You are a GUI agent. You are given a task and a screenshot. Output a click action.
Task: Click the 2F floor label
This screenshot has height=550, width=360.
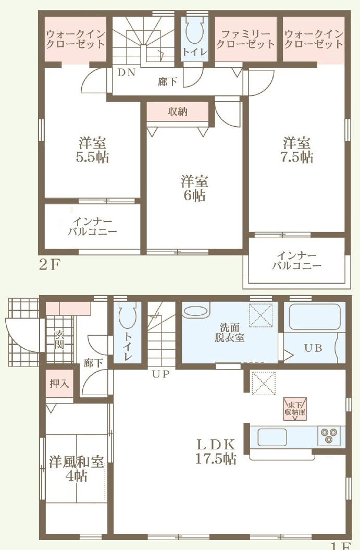(x=49, y=265)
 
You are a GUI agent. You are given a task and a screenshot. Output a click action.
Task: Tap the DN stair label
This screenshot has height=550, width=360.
(x=126, y=72)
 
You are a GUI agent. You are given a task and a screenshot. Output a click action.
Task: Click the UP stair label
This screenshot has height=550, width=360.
(x=161, y=374)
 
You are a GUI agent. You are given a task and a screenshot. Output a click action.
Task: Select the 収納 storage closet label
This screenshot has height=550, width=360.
(x=178, y=112)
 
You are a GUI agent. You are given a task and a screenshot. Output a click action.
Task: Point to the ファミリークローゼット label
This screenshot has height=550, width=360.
(x=246, y=39)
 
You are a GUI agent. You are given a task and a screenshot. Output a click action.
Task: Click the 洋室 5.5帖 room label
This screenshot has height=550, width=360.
(x=93, y=150)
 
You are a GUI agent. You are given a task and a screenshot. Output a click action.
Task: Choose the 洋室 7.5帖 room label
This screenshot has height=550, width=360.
(x=297, y=150)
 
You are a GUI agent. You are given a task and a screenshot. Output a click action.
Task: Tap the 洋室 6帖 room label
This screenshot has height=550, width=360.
(x=194, y=189)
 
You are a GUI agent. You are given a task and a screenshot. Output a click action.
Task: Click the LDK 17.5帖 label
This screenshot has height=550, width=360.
(x=216, y=452)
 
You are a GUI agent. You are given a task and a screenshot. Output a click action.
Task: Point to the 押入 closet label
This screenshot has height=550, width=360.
(x=59, y=383)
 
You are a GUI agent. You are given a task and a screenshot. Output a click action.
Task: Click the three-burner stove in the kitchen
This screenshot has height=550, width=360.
(x=329, y=436)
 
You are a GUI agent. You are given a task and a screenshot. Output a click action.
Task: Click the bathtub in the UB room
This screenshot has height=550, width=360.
(x=315, y=317)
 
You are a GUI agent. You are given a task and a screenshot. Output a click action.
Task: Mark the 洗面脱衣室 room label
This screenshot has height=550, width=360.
(x=230, y=333)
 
